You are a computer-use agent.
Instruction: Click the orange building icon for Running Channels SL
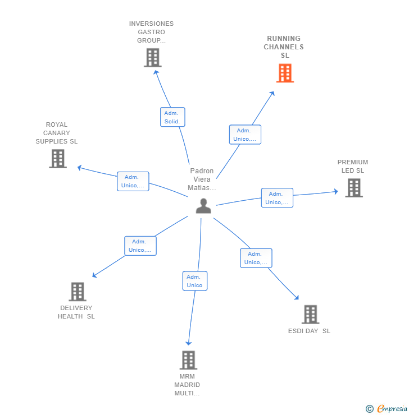click(285, 73)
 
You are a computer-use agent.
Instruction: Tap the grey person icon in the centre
click(203, 206)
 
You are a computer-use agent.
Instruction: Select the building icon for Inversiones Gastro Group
click(152, 57)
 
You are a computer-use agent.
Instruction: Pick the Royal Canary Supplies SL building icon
click(57, 159)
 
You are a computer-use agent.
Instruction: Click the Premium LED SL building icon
click(353, 188)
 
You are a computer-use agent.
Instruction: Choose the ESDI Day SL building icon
click(310, 315)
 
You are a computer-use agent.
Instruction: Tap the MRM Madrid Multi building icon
click(188, 360)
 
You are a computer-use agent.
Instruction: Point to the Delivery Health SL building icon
click(77, 292)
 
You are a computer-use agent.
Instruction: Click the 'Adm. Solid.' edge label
click(172, 117)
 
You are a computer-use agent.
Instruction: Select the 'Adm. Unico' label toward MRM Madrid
click(194, 281)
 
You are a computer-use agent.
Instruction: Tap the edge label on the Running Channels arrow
click(245, 135)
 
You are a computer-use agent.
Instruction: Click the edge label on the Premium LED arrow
click(277, 198)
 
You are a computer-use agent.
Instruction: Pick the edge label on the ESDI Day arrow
click(256, 258)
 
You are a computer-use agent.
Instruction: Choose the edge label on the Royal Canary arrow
click(133, 181)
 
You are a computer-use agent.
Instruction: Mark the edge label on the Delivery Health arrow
click(140, 246)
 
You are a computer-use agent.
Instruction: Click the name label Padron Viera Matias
click(202, 179)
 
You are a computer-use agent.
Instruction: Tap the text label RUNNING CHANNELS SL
click(284, 47)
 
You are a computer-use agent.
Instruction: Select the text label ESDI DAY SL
click(309, 331)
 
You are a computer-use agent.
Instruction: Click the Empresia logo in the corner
click(387, 409)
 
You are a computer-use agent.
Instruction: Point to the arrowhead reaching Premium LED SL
click(336, 191)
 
